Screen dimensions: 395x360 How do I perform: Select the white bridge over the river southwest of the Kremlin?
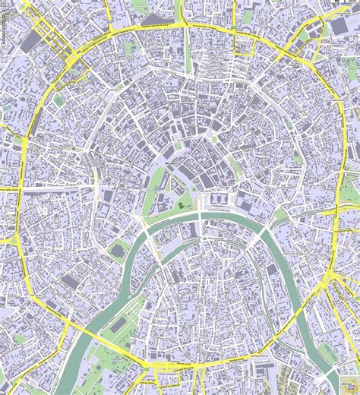pyautogui.click(x=141, y=221)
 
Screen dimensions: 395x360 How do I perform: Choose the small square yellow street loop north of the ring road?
pyautogui.click(x=243, y=46)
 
